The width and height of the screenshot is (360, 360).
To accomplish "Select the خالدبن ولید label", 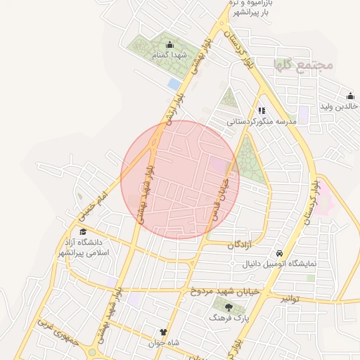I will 339,106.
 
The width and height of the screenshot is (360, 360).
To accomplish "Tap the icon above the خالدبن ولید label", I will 349,96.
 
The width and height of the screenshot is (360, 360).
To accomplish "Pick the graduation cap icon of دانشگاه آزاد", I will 83,232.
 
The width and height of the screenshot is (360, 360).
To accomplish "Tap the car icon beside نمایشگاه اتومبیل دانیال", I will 279,253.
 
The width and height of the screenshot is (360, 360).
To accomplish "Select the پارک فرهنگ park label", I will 227,318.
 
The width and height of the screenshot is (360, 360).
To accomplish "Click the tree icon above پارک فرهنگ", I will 228,307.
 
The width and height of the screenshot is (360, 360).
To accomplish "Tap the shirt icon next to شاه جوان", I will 164,333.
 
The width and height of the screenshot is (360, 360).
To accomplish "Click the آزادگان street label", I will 240,244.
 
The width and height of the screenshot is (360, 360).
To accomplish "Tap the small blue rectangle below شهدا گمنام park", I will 174,84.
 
